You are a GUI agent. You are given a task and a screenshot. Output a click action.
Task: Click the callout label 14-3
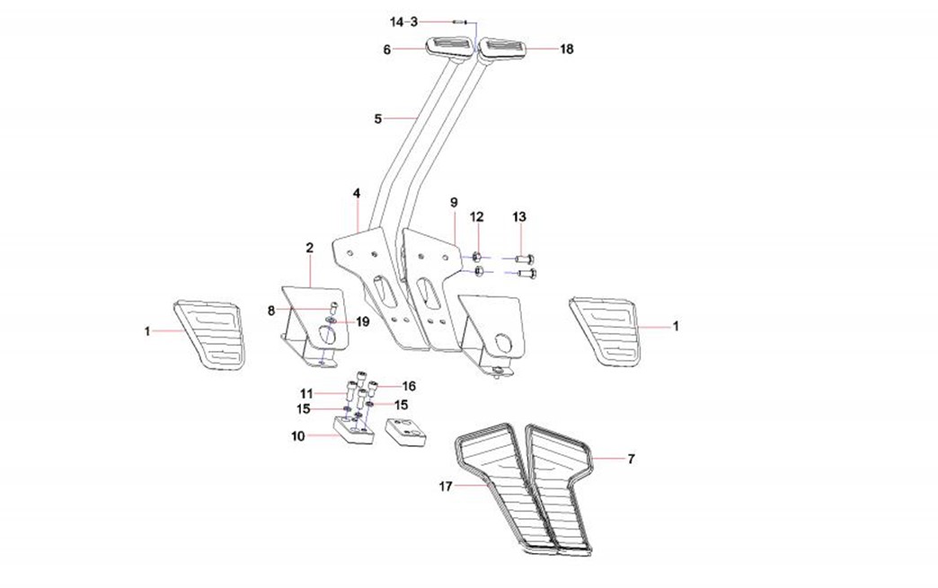point(403,21)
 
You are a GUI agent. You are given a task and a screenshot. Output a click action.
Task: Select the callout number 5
point(378,118)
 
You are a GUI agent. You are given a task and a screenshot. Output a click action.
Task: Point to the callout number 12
point(477,217)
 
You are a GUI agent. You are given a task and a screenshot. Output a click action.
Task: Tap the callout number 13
point(520,217)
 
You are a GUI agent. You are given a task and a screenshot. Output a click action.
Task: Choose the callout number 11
point(305,393)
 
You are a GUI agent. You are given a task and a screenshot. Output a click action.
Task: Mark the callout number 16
point(409,386)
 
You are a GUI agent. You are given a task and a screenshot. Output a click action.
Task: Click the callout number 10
point(297,436)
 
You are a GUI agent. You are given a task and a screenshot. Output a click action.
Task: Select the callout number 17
point(445,487)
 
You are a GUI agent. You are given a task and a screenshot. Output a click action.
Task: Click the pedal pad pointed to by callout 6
point(447,46)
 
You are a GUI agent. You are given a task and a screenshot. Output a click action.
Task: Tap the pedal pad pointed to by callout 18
point(502,48)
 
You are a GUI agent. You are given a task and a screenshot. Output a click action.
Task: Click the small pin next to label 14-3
point(459,21)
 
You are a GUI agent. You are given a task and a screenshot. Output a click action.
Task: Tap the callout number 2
point(309,247)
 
